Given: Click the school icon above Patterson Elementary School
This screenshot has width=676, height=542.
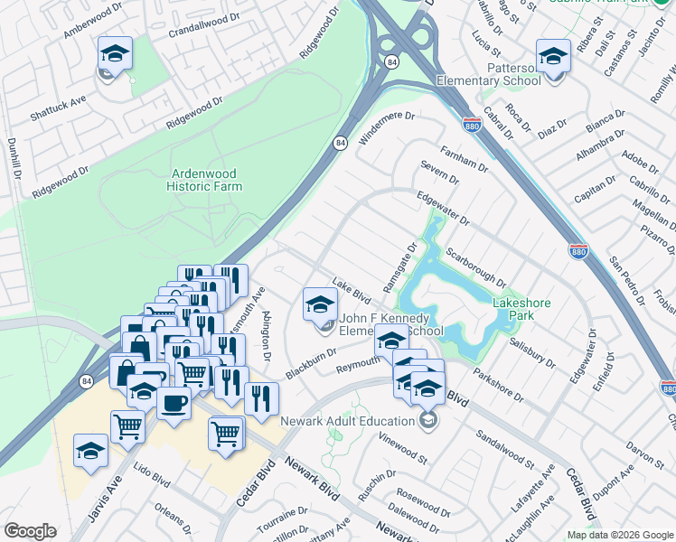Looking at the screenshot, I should [552, 57].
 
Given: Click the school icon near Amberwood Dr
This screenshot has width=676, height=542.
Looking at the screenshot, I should [115, 54].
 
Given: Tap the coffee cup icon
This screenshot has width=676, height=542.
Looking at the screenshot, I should [174, 404].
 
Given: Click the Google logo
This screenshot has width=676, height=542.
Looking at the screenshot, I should [30, 531].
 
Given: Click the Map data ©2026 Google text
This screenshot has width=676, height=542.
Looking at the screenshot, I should [620, 535].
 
